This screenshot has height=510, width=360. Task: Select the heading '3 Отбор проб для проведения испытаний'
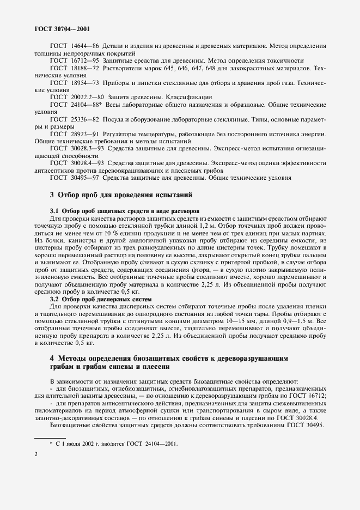click(x=120, y=195)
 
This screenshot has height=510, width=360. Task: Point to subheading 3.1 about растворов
click(x=125, y=210)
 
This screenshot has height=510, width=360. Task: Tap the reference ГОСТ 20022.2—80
click(x=76, y=96)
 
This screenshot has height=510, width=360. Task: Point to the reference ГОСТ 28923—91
click(x=74, y=133)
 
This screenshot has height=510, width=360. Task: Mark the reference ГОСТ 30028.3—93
click(x=76, y=148)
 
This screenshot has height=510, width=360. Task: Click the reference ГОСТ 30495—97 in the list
click(x=74, y=177)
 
